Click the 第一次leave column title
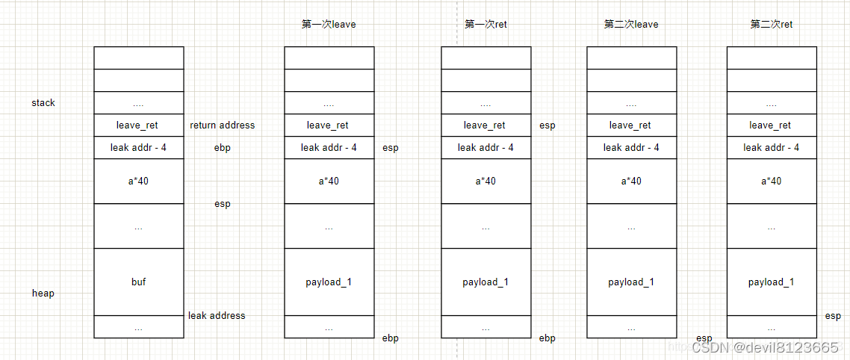tap(329, 24)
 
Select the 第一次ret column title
tap(486, 24)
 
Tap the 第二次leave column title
tap(631, 24)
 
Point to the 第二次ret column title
tap(772, 24)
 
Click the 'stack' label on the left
tap(43, 102)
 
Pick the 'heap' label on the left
tap(43, 293)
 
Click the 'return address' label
tap(223, 125)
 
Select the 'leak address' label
tap(217, 315)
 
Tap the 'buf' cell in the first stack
tap(138, 282)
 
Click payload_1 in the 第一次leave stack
tap(329, 282)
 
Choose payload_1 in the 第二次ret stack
tap(772, 282)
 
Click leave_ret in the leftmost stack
tap(138, 125)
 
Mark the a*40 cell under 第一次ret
tap(486, 181)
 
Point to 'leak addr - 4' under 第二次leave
tap(631, 147)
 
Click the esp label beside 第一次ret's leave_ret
tap(547, 125)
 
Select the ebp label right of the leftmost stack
tap(223, 147)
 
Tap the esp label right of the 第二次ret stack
tap(833, 316)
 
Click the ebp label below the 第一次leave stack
tap(391, 338)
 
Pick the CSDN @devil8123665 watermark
tap(766, 347)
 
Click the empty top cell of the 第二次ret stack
tap(772, 58)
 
